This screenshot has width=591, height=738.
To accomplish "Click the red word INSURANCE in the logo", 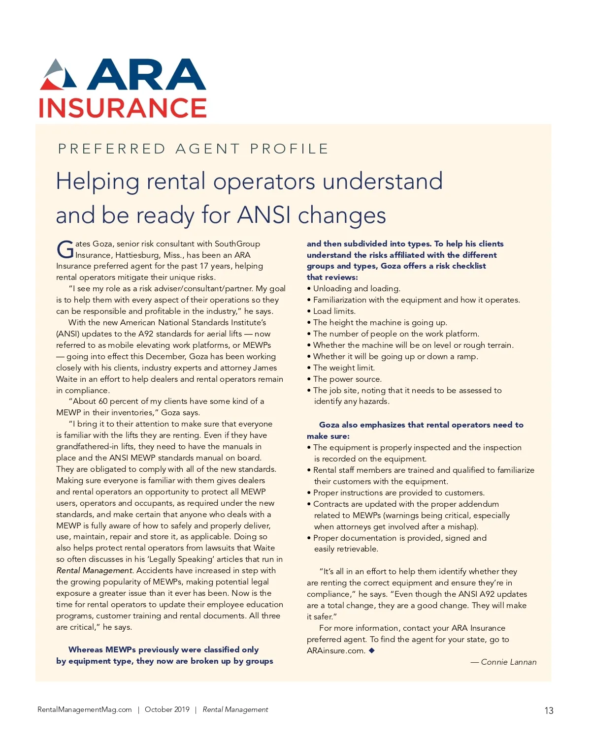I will [123, 108].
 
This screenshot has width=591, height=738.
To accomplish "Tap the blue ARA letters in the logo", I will [147, 75].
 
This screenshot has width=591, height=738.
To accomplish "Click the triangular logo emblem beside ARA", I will [59, 75].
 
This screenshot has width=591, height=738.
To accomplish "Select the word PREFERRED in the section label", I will [112, 149].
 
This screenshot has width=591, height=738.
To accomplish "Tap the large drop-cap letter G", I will [65, 249].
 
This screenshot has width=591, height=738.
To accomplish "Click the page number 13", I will [549, 710].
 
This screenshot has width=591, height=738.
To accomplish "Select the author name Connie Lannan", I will [508, 662].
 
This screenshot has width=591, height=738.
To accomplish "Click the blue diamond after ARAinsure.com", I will [372, 650].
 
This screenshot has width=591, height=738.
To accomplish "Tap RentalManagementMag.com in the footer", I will [85, 709].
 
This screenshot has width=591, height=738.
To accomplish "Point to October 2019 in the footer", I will [167, 709].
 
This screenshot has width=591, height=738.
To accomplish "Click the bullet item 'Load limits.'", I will [334, 311].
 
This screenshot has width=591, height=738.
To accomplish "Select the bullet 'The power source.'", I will [347, 379].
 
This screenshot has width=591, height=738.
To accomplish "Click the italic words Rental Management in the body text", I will [94, 571].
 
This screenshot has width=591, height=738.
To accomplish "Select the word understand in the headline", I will [383, 181].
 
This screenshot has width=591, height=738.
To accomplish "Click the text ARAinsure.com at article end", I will [336, 651].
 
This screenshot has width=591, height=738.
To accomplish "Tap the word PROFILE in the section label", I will [289, 149].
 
